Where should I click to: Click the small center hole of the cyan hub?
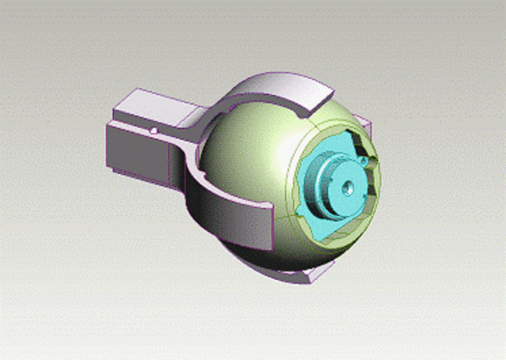click(x=346, y=188)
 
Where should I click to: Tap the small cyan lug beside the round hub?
click(x=363, y=161)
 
